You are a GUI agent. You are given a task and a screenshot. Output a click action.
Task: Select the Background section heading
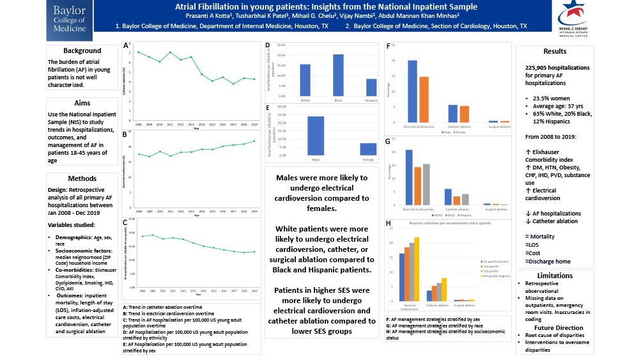(x=82, y=51)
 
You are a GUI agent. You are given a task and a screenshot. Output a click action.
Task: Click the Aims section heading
(x=82, y=103)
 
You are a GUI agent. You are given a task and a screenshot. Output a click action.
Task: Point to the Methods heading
(x=82, y=178)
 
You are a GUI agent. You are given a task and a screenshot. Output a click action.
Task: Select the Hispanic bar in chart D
(x=371, y=88)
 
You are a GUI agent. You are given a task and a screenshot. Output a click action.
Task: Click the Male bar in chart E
(x=316, y=136)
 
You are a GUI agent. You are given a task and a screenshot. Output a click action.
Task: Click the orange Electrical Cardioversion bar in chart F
(x=423, y=99)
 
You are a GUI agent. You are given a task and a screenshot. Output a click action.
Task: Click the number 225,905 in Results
(x=539, y=67)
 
